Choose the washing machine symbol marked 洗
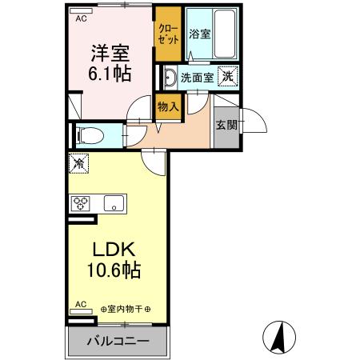pos(228,77)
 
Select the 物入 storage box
pos(167,106)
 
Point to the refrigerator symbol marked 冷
pos(80,164)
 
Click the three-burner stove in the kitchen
pos(82,203)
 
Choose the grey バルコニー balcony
pos(116,340)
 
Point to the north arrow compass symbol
pos(281,335)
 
